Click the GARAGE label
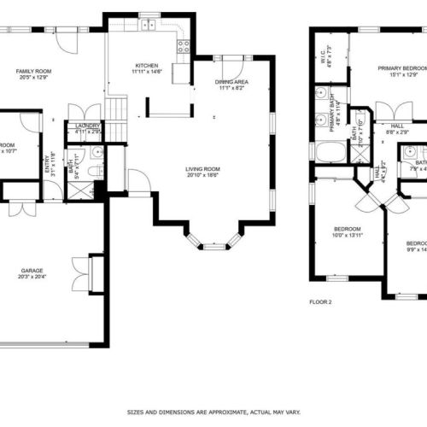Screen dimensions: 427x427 click(x=32, y=271)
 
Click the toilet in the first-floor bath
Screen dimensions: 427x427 click(x=97, y=171)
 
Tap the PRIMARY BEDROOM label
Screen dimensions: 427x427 click(x=401, y=67)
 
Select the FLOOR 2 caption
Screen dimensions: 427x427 click(x=320, y=302)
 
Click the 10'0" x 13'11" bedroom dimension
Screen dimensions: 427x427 click(x=347, y=235)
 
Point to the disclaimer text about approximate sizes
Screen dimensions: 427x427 click(x=213, y=411)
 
